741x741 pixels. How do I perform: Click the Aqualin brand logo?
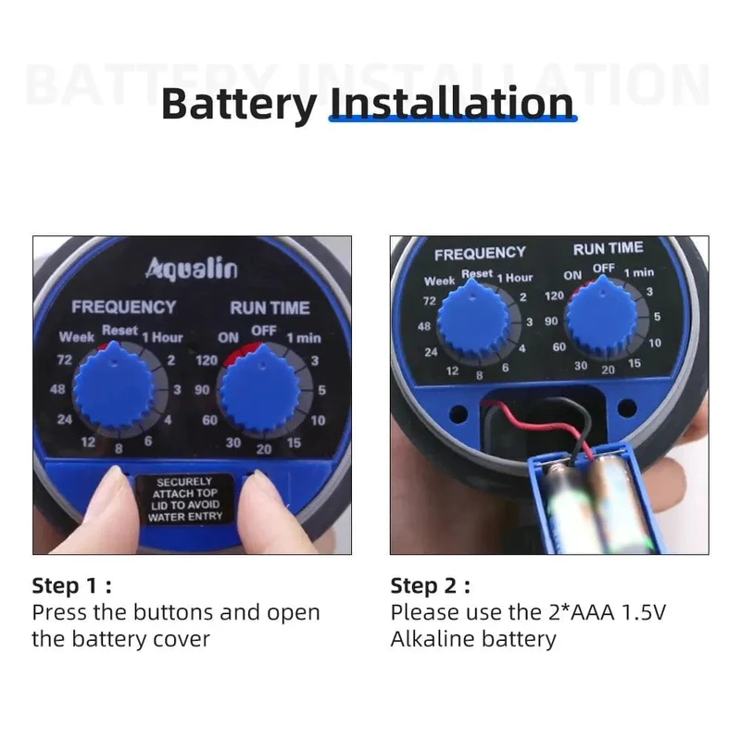192,269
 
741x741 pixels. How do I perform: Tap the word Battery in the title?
239,105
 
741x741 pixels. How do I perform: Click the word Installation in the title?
452,103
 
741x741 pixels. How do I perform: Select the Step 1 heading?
72,586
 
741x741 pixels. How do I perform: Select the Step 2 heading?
430,586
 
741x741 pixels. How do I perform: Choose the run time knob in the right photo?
601,318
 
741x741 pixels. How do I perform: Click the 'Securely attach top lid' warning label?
184,499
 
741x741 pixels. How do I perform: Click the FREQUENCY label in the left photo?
123,308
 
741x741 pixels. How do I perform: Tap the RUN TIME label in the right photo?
608,248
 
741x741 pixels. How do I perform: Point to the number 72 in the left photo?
64,360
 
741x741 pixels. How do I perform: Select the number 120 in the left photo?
207,360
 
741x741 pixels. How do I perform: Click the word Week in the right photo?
439,282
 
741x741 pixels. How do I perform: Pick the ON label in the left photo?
228,338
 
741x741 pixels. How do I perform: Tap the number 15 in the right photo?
634,363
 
